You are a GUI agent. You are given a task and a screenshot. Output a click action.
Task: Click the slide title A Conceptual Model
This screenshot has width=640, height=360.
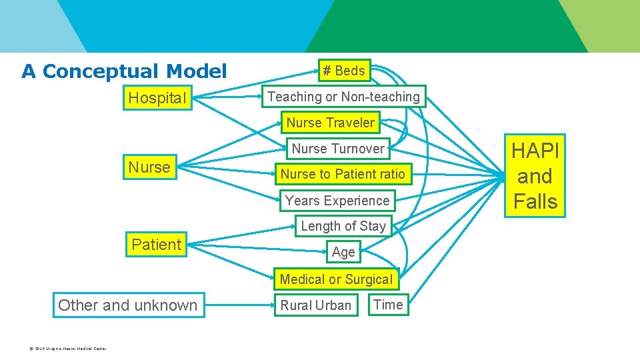pos(124,71)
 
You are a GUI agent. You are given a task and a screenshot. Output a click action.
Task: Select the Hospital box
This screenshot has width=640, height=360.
pos(157,98)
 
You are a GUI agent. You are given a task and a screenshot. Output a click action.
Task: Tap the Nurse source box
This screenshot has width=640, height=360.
pos(149,167)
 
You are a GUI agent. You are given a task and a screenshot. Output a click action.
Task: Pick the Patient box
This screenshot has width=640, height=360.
pos(157,245)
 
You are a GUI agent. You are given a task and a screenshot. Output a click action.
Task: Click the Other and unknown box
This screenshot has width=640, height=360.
pos(128,305)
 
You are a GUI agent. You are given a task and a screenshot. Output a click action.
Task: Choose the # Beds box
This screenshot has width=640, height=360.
pos(343,71)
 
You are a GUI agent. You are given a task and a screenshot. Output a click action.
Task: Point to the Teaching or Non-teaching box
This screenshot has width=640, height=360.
pos(343,97)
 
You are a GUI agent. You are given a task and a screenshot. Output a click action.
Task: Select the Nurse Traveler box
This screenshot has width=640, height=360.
pos(331,123)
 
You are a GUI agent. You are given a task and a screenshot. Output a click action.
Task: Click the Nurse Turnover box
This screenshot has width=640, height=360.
pos(338,149)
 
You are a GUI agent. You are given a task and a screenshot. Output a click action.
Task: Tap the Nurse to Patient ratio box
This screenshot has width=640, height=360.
pos(343,174)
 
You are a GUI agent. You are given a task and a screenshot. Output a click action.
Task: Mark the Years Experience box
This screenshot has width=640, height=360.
pos(337,201)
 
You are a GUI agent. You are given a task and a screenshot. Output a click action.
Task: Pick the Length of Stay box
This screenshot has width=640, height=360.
pos(343,226)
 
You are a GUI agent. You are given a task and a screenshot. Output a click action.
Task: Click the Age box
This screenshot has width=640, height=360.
pos(343,252)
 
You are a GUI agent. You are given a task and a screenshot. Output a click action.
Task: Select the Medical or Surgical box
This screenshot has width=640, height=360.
pos(337,279)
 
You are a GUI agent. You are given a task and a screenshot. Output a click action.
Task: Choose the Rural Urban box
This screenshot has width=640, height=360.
pos(316,305)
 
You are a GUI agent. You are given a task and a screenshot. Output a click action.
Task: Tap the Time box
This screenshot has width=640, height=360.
pos(388,305)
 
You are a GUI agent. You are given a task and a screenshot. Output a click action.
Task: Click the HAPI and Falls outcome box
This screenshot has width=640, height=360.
pos(535,176)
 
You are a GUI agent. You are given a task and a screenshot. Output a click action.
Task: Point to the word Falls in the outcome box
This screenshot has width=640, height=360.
pos(535,201)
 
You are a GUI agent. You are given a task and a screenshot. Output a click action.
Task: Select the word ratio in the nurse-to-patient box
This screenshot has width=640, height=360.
pos(389,174)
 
